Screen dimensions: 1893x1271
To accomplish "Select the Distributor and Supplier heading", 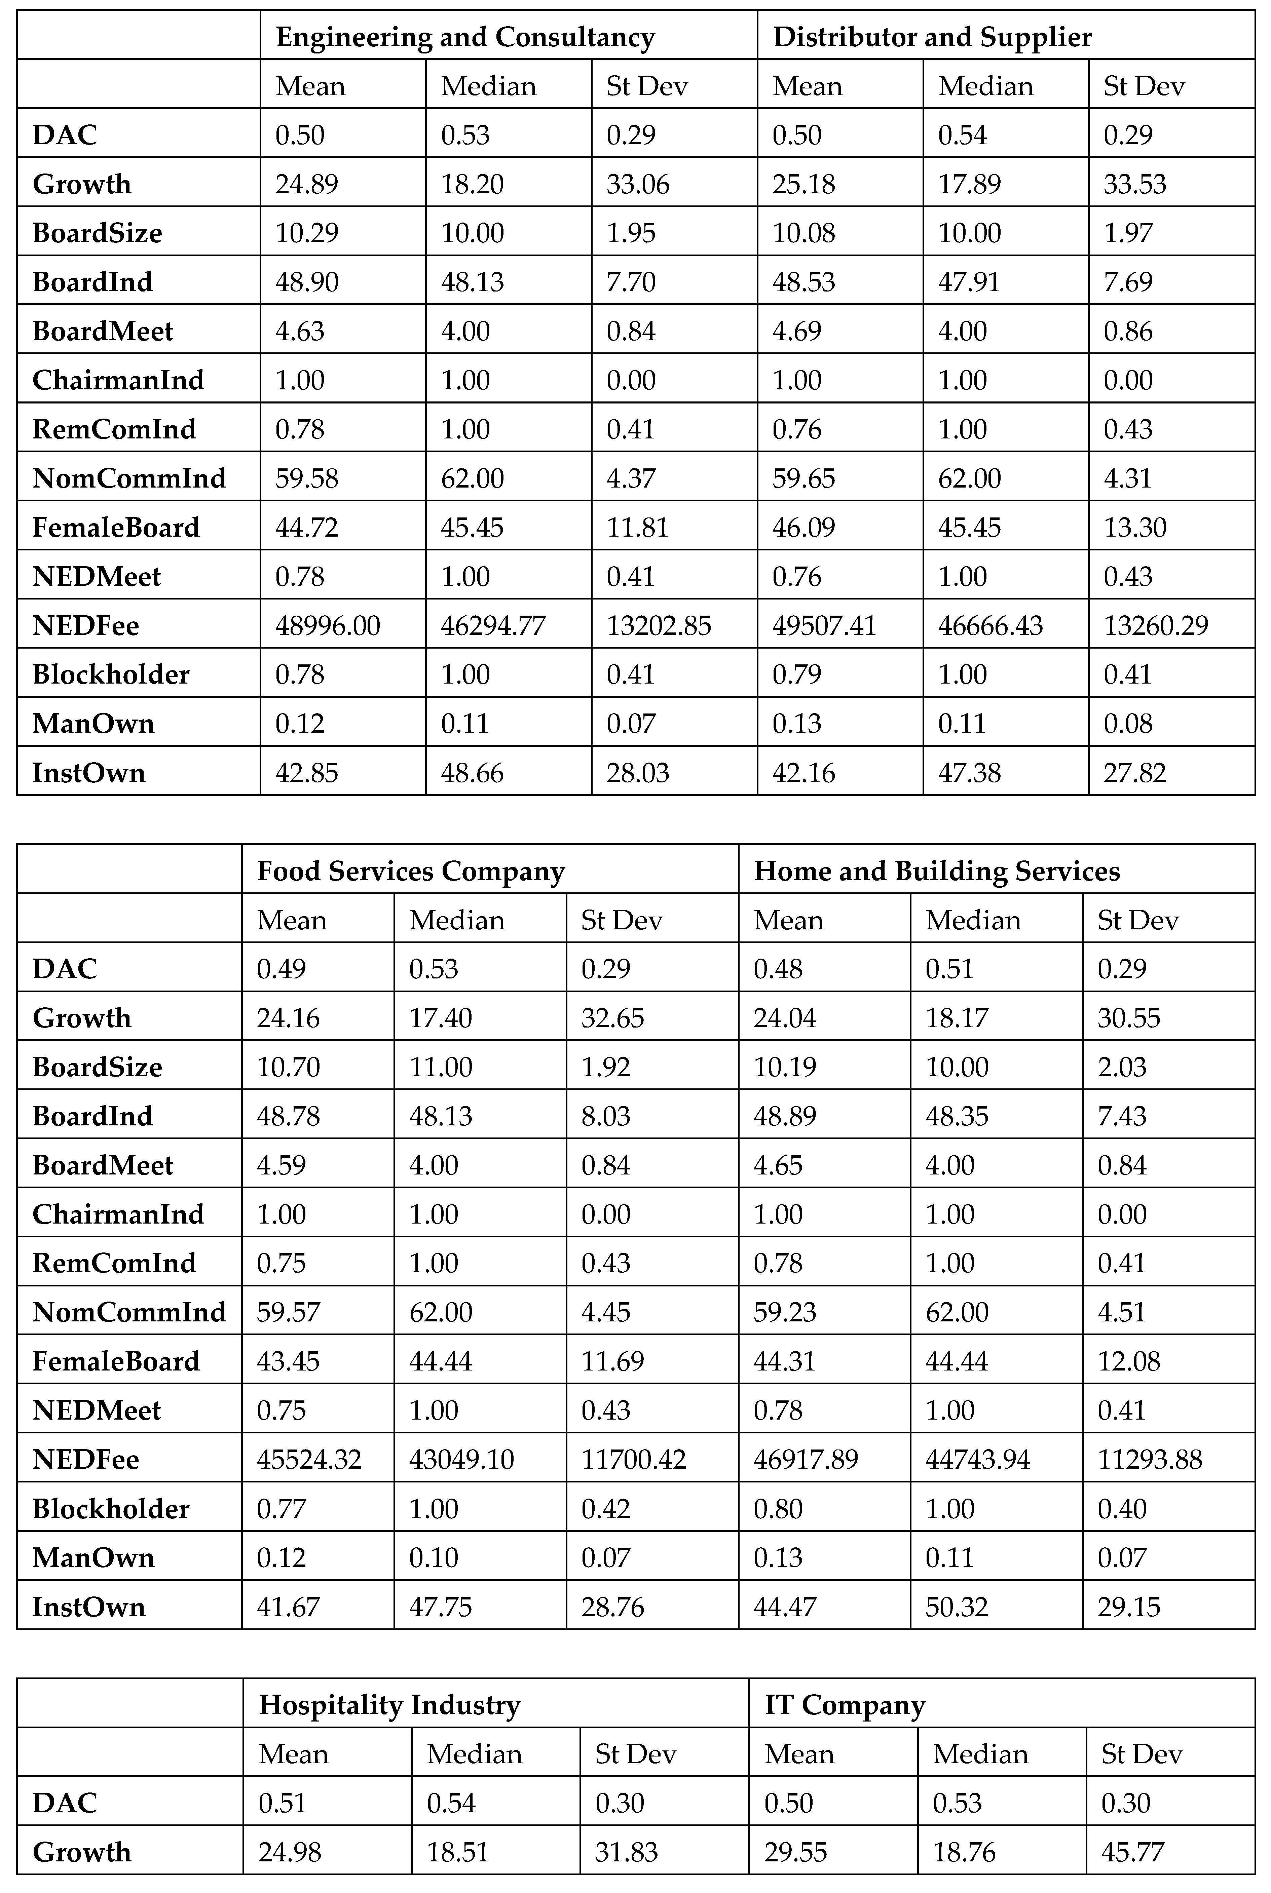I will tap(932, 37).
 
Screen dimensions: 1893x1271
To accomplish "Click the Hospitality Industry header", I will tap(389, 1705).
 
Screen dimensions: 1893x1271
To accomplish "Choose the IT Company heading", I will tap(845, 1705).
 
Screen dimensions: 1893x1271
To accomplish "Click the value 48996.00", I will tap(328, 626).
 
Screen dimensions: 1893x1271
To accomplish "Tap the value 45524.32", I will tap(309, 1460).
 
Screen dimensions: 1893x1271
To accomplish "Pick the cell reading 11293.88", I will tap(1149, 1460).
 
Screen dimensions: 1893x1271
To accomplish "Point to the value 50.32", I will tap(957, 1607).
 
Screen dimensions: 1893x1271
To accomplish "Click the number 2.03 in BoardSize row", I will tap(1122, 1067).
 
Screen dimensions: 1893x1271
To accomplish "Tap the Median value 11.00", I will tap(440, 1067).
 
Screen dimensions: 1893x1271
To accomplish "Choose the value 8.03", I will tap(605, 1116).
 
